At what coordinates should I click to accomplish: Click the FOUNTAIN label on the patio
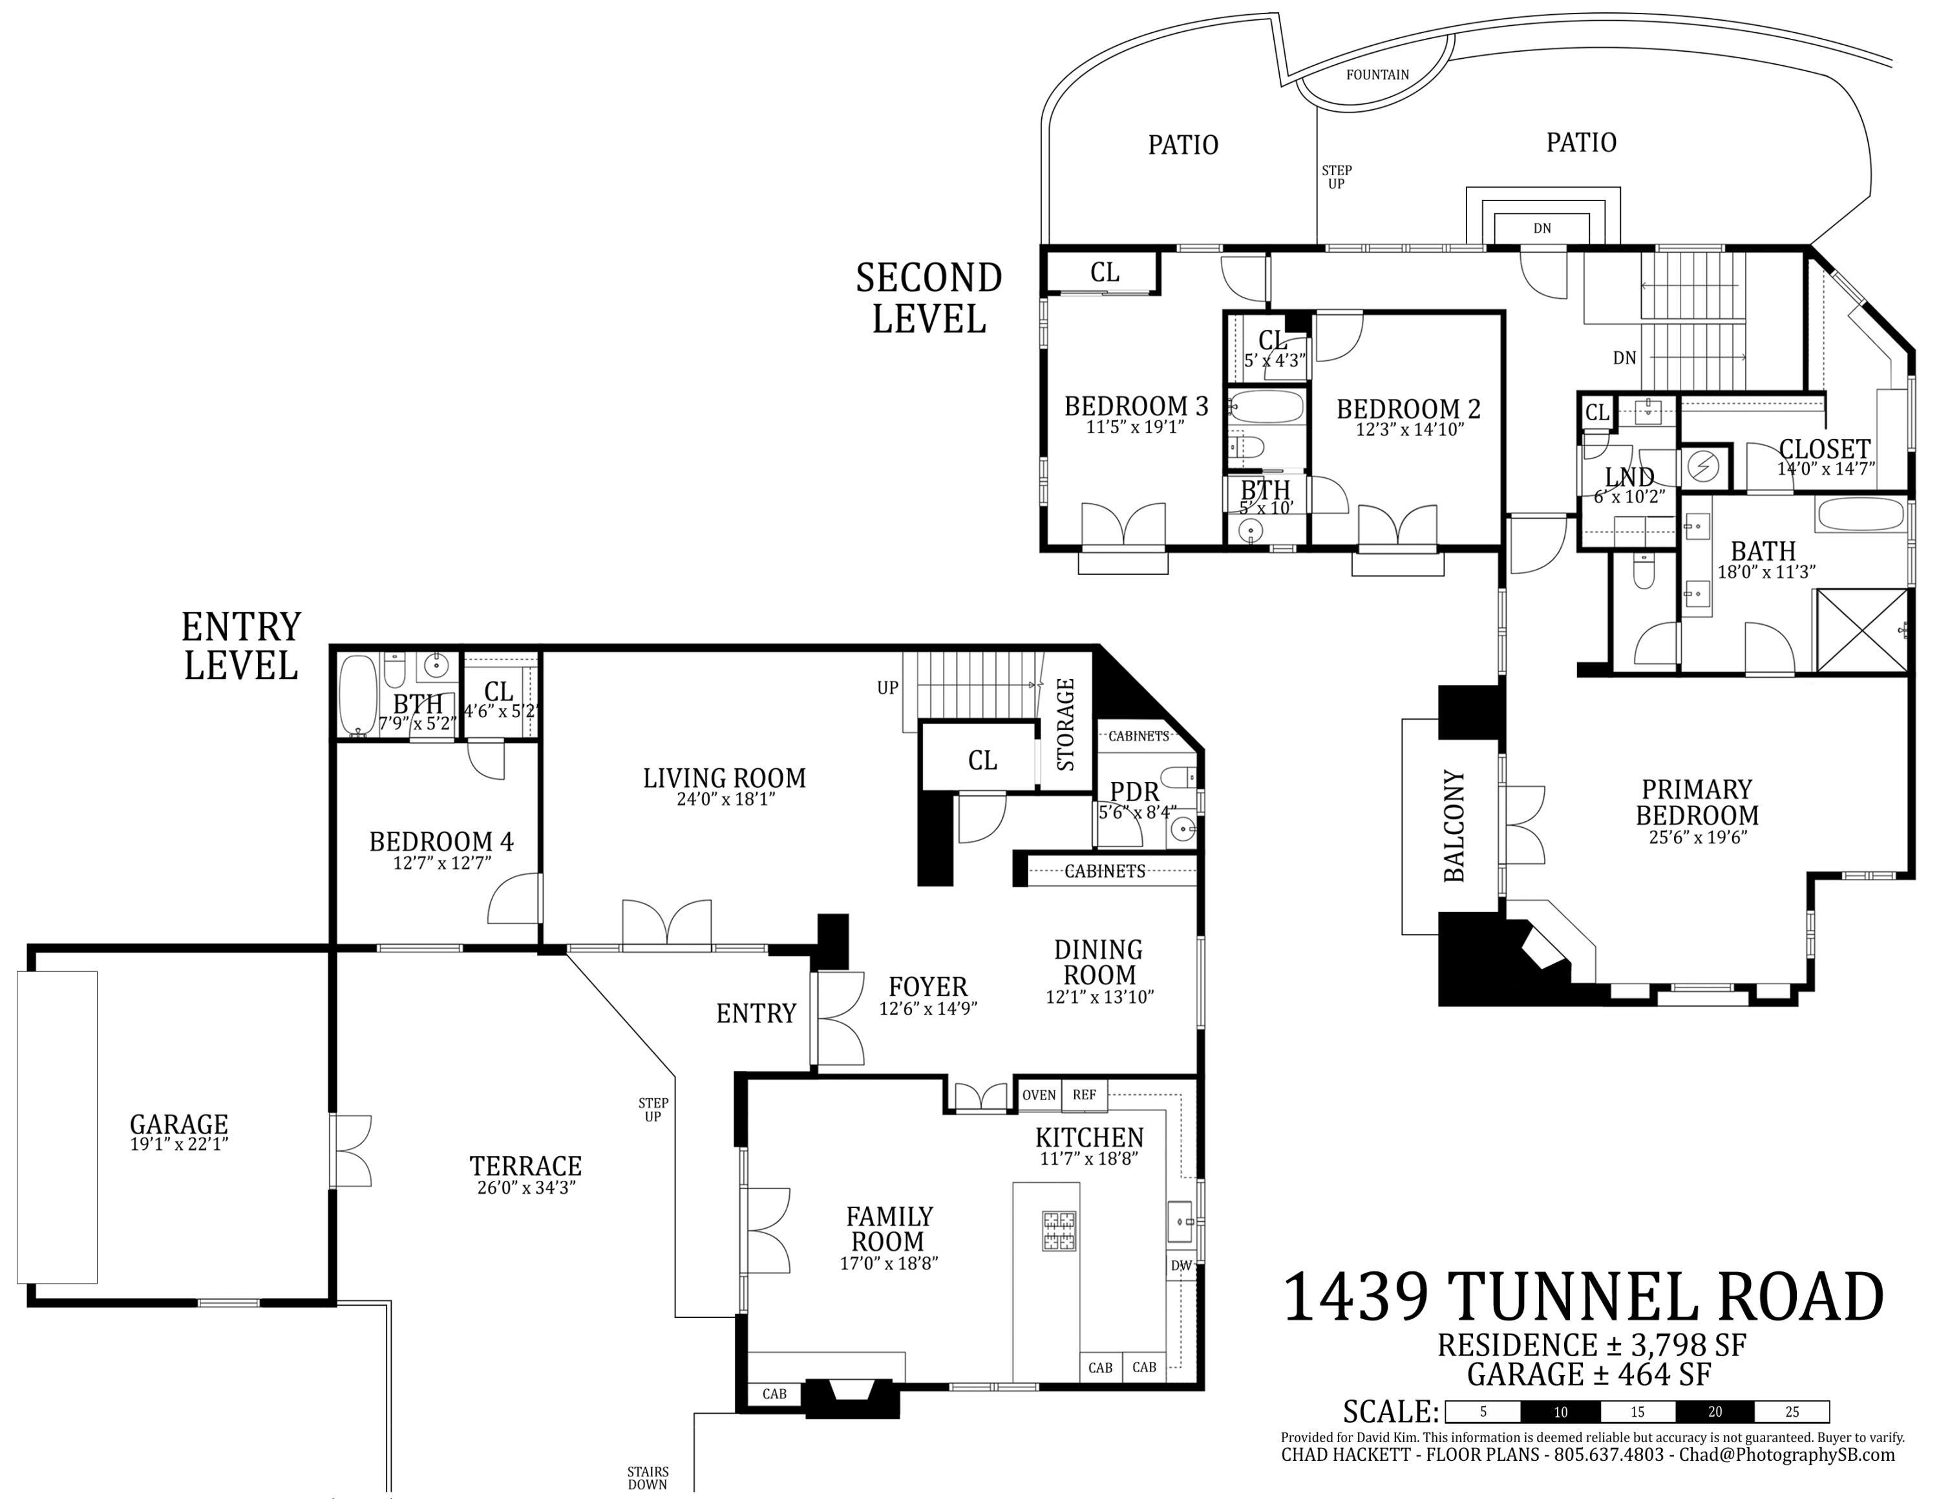[x=1377, y=74]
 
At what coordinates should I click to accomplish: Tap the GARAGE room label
[x=178, y=1123]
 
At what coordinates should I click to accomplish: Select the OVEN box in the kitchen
[x=1038, y=1095]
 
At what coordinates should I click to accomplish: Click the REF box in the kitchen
[x=1084, y=1095]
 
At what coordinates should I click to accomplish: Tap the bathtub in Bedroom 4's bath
[x=359, y=695]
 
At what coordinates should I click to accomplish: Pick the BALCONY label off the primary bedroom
[x=1454, y=826]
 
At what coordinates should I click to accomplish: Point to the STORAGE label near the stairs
[x=1065, y=724]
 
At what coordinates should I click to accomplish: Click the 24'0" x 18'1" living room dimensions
[x=725, y=799]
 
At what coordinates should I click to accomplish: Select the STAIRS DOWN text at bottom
[x=648, y=1478]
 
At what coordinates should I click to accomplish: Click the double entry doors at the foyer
[x=838, y=1019]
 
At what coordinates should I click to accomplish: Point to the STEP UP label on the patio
[x=1336, y=177]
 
